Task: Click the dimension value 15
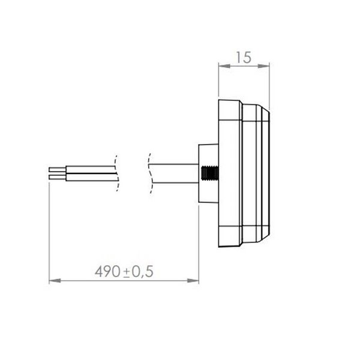click(x=243, y=58)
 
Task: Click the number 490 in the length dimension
click(x=107, y=271)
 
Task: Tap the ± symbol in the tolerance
click(x=128, y=272)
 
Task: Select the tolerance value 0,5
click(x=143, y=272)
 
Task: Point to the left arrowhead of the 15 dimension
click(x=221, y=67)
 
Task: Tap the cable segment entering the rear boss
click(x=174, y=173)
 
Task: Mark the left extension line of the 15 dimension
click(x=217, y=81)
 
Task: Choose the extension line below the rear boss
click(x=198, y=240)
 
